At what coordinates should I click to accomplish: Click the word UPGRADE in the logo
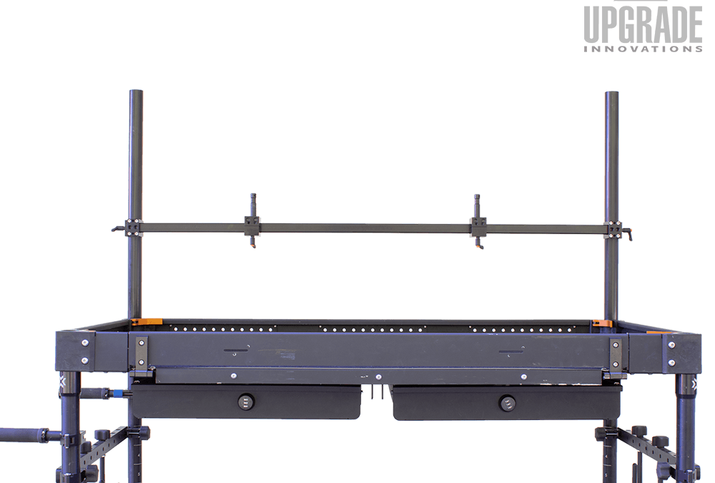coord(643,24)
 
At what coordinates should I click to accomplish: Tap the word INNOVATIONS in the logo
coord(643,49)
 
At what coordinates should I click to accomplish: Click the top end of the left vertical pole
coord(136,92)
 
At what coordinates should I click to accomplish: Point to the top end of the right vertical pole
coord(611,93)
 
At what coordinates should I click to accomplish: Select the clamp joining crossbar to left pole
coord(134,228)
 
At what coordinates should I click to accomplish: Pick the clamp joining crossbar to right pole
coord(613,230)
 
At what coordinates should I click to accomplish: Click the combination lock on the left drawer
coord(245,401)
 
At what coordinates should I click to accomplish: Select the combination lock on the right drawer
coord(507,403)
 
